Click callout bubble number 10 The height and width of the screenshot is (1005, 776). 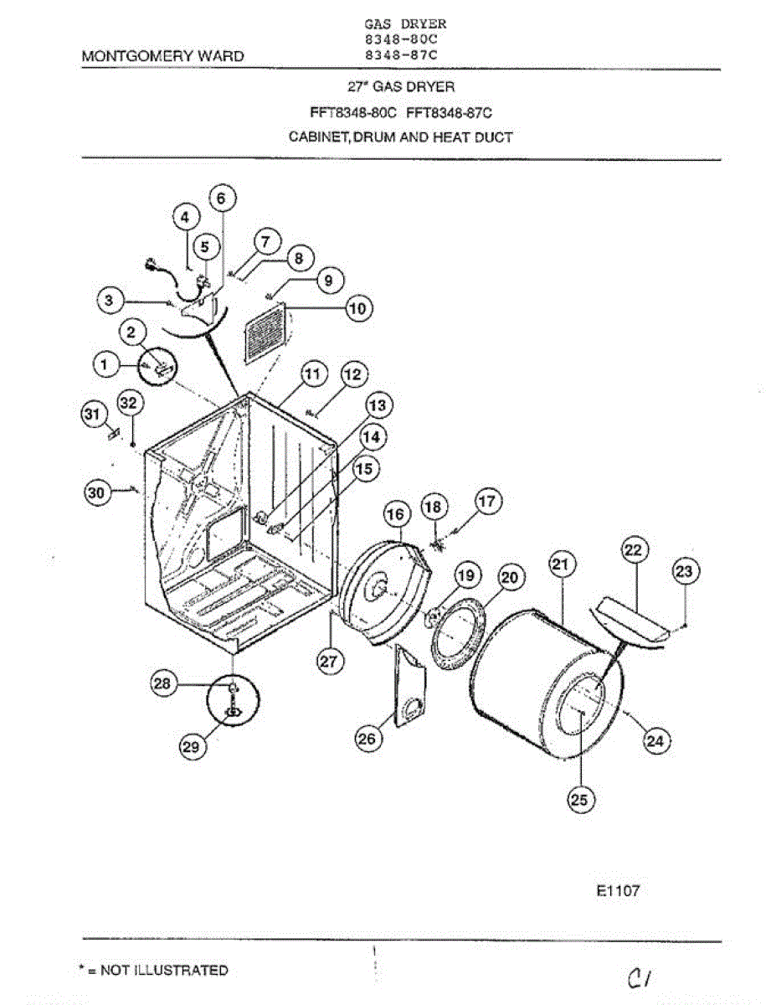pyautogui.click(x=357, y=308)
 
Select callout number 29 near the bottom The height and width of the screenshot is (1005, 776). pyautogui.click(x=192, y=747)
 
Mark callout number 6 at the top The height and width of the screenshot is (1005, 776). pyautogui.click(x=221, y=198)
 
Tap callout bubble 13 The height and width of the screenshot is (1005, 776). pyautogui.click(x=378, y=406)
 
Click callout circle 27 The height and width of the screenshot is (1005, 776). pyautogui.click(x=328, y=661)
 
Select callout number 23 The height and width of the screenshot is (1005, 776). pyautogui.click(x=685, y=572)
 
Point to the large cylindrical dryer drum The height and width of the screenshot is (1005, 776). pyautogui.click(x=544, y=683)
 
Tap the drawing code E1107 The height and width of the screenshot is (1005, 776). pyautogui.click(x=618, y=891)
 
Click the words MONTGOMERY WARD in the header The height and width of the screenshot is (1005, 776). pyautogui.click(x=163, y=56)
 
